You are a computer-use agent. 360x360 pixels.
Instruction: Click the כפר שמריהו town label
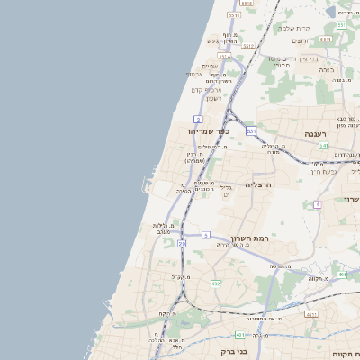210,131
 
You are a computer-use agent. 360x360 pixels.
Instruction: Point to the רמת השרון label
249,238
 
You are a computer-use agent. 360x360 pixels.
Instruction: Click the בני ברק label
234,352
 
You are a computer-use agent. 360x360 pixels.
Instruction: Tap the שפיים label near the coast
210,65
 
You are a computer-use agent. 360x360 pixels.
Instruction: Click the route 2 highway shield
197,119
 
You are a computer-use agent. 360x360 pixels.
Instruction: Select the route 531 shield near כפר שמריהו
252,131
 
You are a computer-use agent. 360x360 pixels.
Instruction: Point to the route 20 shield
182,243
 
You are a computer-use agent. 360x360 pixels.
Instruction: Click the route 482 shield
215,283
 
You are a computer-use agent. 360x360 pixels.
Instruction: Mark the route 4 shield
318,204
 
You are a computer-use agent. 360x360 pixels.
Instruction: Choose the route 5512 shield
234,15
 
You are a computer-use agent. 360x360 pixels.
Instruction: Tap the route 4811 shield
310,314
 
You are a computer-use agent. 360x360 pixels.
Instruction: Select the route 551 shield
341,25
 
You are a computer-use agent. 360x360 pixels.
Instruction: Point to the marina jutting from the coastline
146,186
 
